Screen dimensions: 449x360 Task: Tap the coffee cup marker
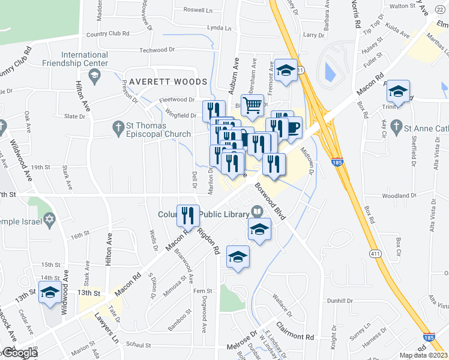point(293,128)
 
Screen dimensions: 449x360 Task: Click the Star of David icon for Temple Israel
point(49,221)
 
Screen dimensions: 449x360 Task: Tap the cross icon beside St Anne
point(395,127)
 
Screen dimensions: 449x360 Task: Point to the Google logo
point(19,353)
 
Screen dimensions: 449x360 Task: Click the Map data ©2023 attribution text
point(424,355)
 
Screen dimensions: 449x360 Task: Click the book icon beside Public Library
point(258,211)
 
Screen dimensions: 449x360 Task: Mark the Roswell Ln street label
point(197,10)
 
